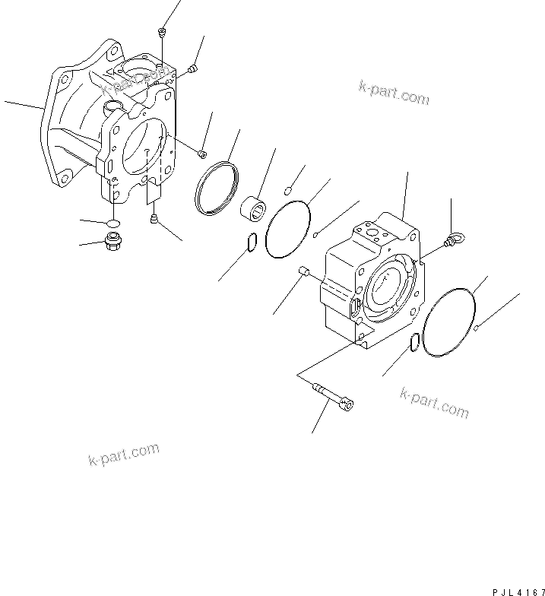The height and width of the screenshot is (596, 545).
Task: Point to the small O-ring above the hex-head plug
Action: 112,223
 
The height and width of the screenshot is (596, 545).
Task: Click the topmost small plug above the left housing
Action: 162,31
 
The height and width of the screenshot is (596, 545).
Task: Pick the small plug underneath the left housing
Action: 155,220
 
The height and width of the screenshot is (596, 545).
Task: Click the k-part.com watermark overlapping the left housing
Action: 128,84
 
